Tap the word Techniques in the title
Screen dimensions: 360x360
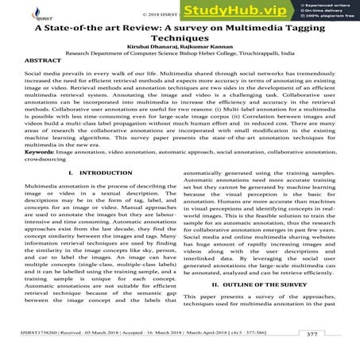click(x=181, y=37)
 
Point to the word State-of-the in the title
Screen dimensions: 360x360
click(x=82, y=26)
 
